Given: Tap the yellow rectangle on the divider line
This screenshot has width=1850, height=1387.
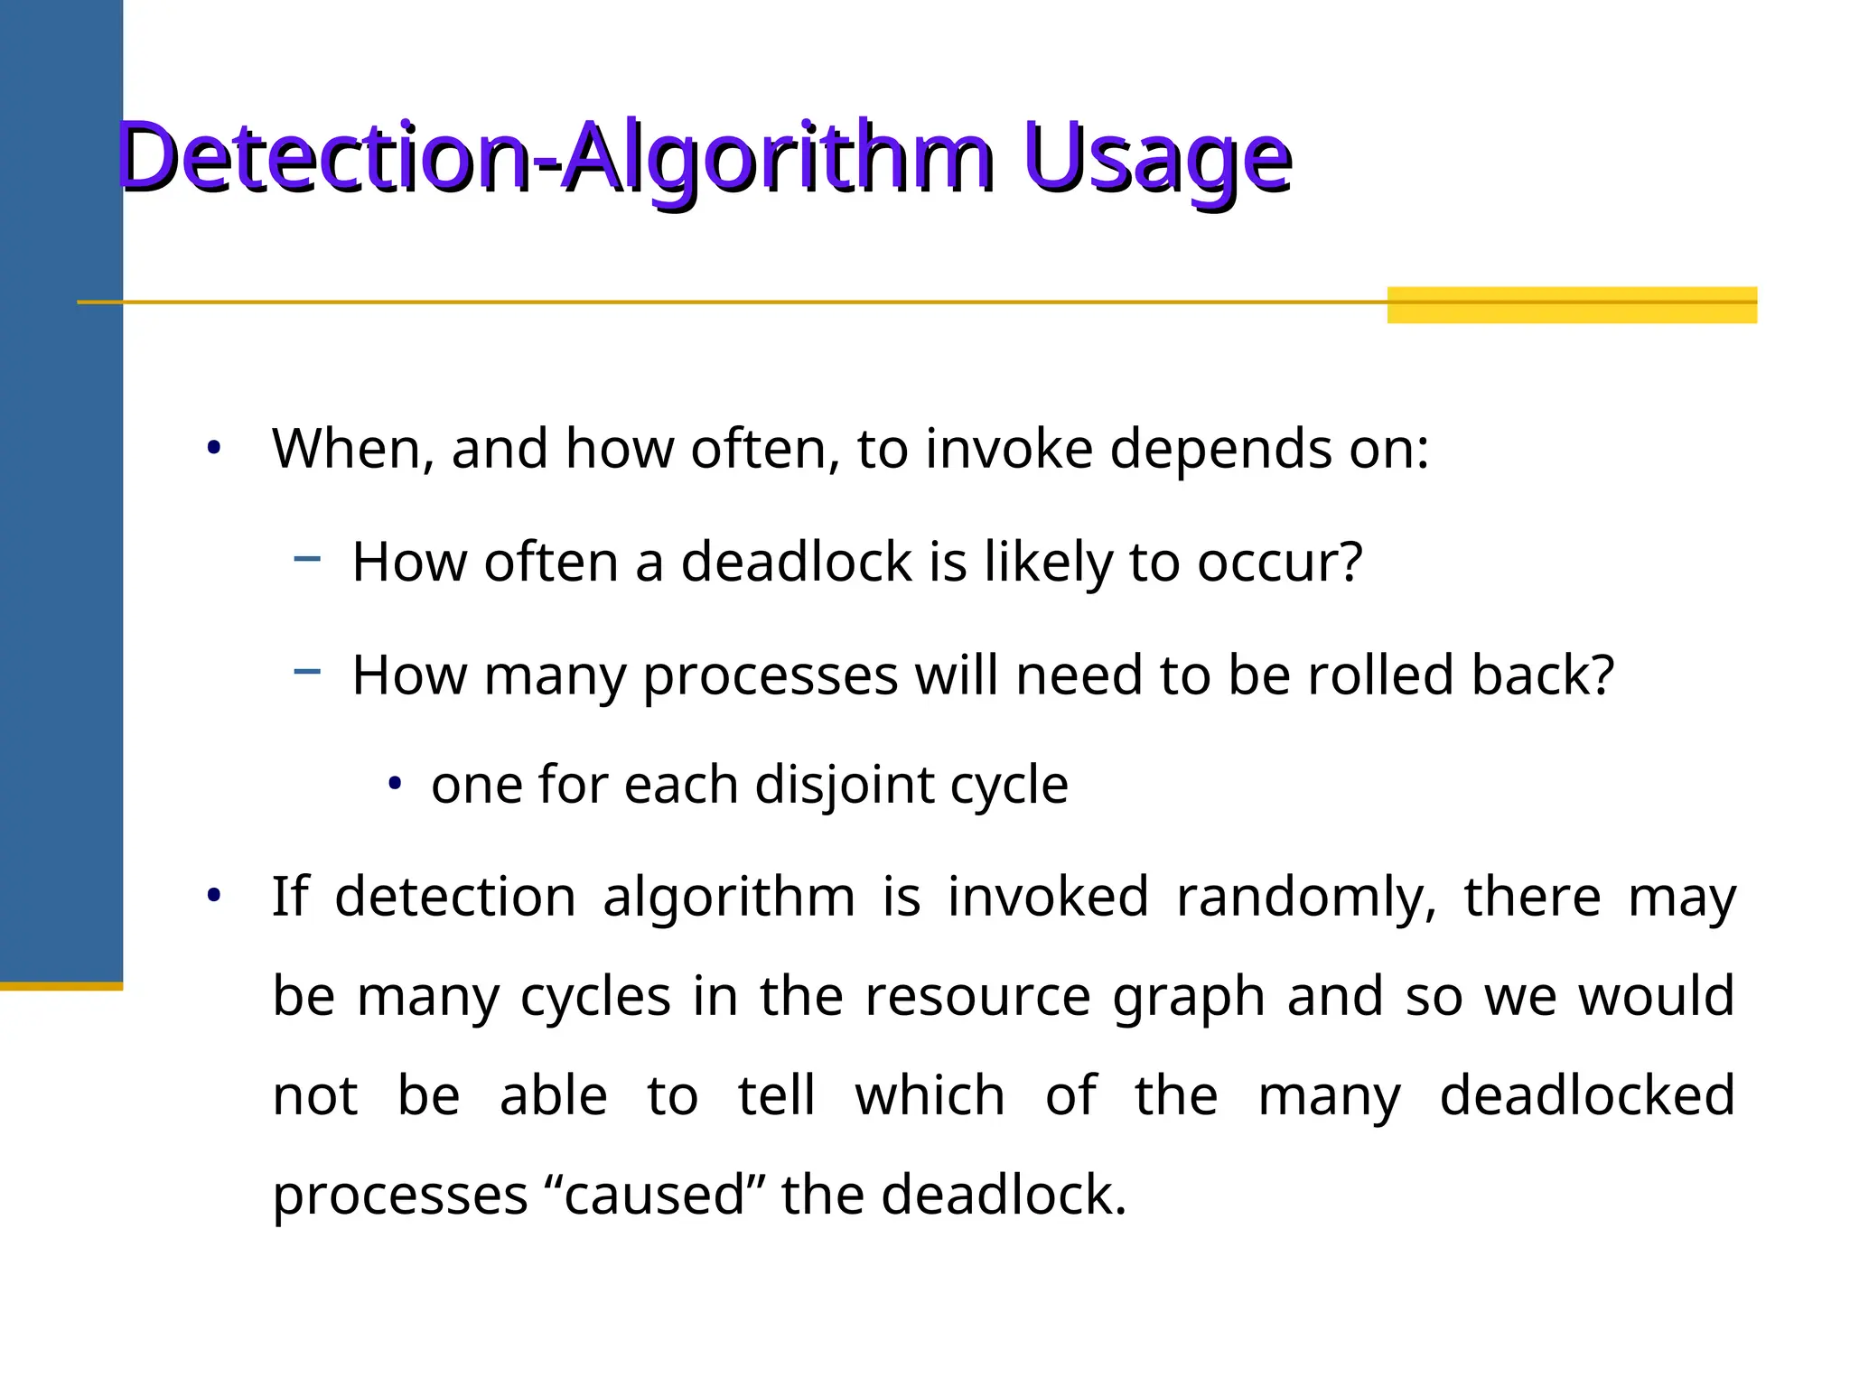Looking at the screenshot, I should pos(1571,304).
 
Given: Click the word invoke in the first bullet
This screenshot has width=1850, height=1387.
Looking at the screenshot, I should pos(1008,449).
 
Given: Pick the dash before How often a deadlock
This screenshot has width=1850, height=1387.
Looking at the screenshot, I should pos(307,559).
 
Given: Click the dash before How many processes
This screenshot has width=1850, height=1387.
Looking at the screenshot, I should pos(307,671).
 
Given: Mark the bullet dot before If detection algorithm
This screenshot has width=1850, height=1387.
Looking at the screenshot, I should pos(214,896).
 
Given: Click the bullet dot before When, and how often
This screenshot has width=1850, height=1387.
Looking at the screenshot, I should pos(214,448).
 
